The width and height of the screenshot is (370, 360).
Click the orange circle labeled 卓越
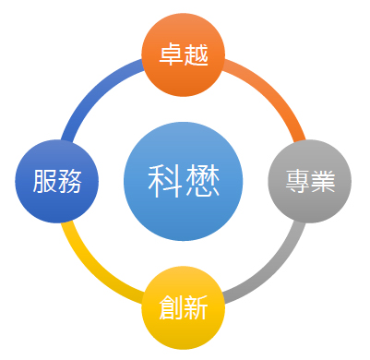pos(184,54)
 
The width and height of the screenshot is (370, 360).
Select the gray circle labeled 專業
pos(310,181)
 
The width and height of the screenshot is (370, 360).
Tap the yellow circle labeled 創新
pos(184,307)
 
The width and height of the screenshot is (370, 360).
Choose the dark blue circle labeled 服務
pos(57,181)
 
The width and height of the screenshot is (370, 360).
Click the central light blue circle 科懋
pos(184,181)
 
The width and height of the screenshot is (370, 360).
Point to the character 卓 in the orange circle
pos(171,54)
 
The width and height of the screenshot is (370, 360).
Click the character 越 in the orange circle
pos(196,54)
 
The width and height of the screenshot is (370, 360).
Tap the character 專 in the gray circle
pos(297,181)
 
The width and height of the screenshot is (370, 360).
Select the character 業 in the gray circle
pos(323,181)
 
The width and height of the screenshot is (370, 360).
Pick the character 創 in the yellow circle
pos(171,307)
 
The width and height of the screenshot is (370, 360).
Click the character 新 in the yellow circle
pos(196,307)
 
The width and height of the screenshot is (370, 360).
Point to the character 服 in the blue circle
pos(44,181)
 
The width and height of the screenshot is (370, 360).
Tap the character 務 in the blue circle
pos(70,181)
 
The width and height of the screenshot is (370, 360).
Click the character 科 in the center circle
pos(166,181)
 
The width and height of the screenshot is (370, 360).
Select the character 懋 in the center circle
pos(202,181)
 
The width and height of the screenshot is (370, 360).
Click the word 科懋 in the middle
pos(184,181)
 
